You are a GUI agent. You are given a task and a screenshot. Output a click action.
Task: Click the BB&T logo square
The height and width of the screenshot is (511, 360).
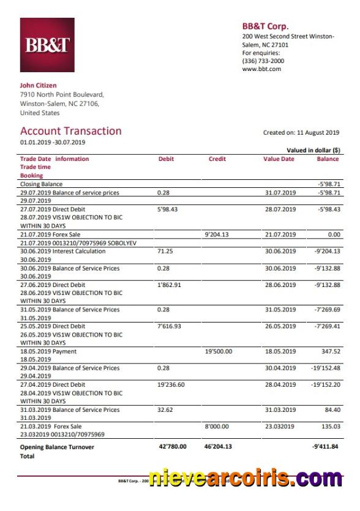tap(47, 45)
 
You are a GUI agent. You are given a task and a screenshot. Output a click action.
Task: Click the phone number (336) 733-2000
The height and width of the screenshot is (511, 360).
tap(263, 61)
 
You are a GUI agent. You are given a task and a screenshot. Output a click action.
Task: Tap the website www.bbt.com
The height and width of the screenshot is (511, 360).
tap(261, 69)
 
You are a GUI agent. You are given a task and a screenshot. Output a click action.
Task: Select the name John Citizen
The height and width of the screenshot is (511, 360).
tap(39, 86)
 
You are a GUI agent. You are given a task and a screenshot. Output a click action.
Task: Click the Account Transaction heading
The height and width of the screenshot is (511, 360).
tap(71, 131)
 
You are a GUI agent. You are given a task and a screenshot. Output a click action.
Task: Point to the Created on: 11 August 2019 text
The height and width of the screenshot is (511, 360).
tap(301, 133)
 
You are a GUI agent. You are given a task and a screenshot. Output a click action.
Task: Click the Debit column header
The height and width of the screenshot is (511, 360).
tap(166, 159)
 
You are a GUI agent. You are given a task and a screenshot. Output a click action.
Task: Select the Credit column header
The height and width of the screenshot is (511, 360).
tap(217, 159)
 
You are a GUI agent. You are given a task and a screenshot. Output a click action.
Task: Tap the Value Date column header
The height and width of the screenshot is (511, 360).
tap(279, 159)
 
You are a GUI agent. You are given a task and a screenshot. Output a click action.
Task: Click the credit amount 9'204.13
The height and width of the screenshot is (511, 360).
tap(216, 234)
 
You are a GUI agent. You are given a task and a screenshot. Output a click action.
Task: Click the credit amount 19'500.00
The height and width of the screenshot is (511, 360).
tap(218, 352)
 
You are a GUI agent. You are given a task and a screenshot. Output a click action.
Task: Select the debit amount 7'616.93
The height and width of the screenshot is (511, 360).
tap(170, 327)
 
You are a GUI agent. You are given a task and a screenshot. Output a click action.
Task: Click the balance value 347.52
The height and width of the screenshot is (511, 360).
tap(329, 352)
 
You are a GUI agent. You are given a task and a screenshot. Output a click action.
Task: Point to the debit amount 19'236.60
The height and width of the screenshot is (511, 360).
tap(171, 385)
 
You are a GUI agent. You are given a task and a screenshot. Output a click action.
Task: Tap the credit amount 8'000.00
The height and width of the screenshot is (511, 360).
tap(217, 427)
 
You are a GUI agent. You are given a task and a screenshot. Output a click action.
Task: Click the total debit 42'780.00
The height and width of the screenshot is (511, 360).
tap(173, 447)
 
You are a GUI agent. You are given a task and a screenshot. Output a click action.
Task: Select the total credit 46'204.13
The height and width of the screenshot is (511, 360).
tap(218, 447)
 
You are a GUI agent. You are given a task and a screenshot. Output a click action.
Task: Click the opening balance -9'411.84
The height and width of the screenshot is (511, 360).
tap(325, 447)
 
